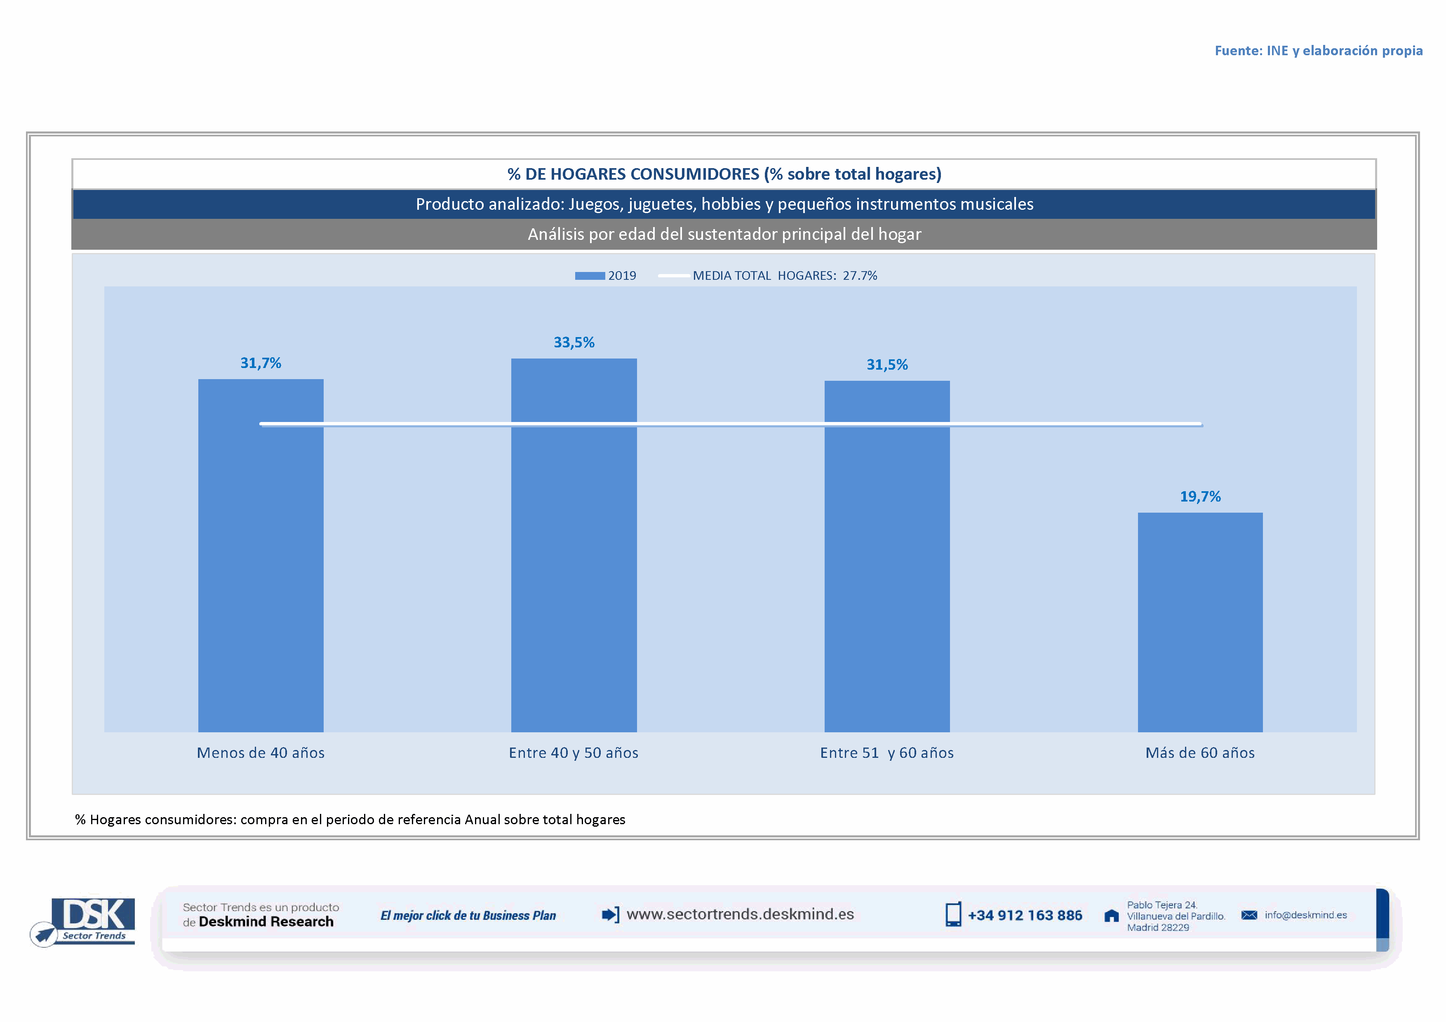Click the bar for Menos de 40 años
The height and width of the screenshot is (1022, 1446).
pyautogui.click(x=261, y=566)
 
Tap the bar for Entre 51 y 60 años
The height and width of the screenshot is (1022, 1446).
pyautogui.click(x=887, y=566)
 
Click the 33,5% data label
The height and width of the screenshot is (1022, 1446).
pyautogui.click(x=574, y=342)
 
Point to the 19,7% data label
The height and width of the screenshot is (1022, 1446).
pyautogui.click(x=1200, y=497)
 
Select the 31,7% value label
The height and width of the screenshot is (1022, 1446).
pyautogui.click(x=261, y=363)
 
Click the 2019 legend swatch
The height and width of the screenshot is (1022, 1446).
pyautogui.click(x=590, y=276)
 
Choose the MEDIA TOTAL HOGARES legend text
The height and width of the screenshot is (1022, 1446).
pyautogui.click(x=785, y=276)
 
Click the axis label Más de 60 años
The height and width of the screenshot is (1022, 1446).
pyautogui.click(x=1200, y=752)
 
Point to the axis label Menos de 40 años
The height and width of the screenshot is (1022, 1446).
pyautogui.click(x=261, y=752)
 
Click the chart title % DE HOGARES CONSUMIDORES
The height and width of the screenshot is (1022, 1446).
pyautogui.click(x=724, y=173)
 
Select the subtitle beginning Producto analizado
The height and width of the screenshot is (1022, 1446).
pyautogui.click(x=724, y=204)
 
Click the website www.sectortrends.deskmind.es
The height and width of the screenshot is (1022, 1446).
pyautogui.click(x=740, y=914)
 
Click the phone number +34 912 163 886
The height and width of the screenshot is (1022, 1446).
pyautogui.click(x=1025, y=916)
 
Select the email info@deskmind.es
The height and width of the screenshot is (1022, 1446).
pyautogui.click(x=1305, y=915)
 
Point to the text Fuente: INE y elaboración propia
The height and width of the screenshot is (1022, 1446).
pyautogui.click(x=1318, y=50)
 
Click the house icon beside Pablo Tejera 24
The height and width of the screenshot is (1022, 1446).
pyautogui.click(x=1112, y=916)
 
